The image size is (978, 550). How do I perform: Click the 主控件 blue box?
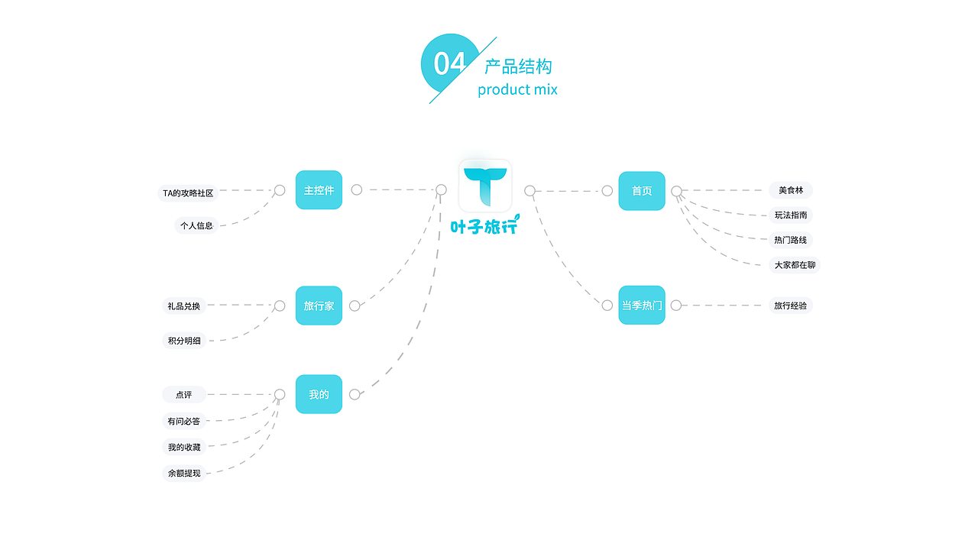coord(319,190)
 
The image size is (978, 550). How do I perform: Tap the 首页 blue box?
coord(642,191)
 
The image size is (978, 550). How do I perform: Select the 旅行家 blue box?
coord(319,306)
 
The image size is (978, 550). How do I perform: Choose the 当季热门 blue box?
coord(642,305)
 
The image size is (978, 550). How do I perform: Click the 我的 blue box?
coord(319,394)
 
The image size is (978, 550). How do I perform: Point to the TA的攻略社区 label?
coord(188,193)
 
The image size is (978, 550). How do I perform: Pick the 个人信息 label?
coord(196,225)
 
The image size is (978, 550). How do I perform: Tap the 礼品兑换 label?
coord(184,306)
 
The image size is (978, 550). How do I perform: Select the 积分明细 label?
coord(184,341)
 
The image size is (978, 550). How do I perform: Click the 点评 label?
coord(184,395)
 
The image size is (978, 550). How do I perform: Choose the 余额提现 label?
coord(184,473)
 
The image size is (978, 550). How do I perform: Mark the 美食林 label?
coord(791,190)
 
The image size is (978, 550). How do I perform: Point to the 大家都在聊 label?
coord(795,265)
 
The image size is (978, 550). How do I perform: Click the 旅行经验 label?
coord(791,306)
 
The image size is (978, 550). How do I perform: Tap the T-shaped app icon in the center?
coord(485,186)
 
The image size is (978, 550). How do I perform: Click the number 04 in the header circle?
coord(450,63)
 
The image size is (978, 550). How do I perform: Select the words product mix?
coord(517,89)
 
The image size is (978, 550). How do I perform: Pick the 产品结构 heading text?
coord(518,66)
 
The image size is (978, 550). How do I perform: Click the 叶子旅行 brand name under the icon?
coord(485,225)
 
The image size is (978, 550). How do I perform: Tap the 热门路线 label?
coord(791,240)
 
